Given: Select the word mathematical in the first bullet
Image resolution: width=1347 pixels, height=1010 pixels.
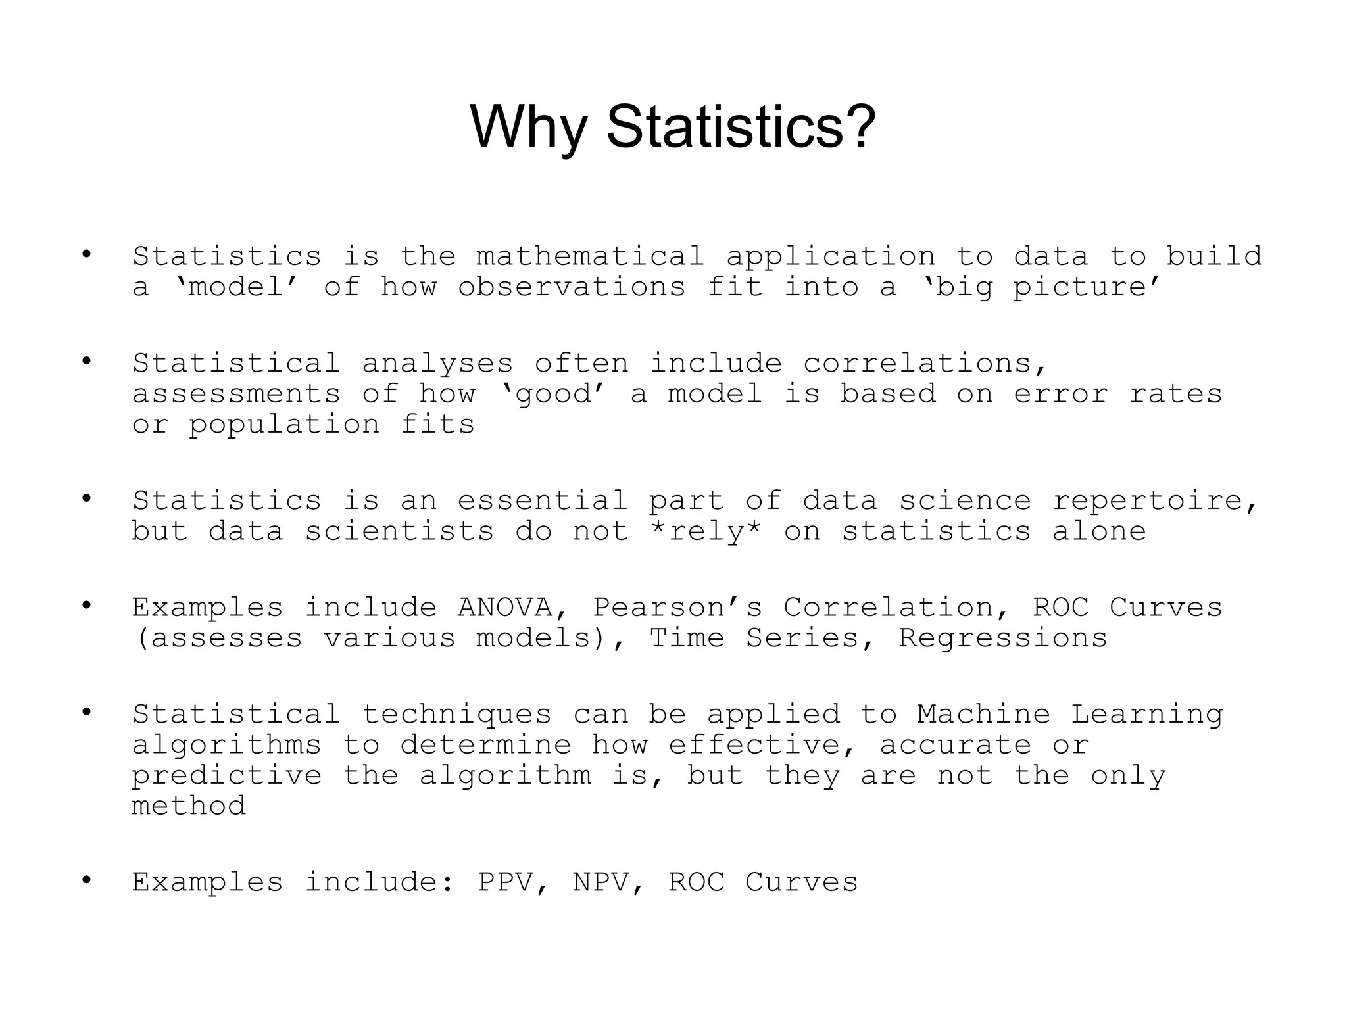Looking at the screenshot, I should pyautogui.click(x=590, y=256).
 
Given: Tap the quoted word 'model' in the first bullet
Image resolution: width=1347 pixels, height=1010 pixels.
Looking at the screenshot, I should pyautogui.click(x=236, y=287).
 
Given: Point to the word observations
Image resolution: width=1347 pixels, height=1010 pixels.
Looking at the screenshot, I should pyautogui.click(x=572, y=287).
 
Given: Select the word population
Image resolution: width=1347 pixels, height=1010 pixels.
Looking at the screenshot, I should pyautogui.click(x=284, y=425).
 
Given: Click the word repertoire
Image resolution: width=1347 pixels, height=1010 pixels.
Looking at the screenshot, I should pyautogui.click(x=1155, y=501).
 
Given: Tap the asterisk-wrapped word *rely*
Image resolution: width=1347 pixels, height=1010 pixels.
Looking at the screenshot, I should pyautogui.click(x=705, y=531).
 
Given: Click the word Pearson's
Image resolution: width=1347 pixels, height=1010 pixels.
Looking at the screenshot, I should pyautogui.click(x=677, y=608).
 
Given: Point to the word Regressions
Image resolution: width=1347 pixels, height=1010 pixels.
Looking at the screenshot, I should pyautogui.click(x=1002, y=638).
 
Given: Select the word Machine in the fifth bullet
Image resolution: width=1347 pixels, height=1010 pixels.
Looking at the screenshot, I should pyautogui.click(x=983, y=714).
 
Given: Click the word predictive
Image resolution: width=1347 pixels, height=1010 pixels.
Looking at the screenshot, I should pyautogui.click(x=226, y=776).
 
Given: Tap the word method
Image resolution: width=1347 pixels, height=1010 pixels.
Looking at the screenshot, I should pyautogui.click(x=188, y=806).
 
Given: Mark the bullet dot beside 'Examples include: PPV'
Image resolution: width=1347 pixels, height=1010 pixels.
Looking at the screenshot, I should pyautogui.click(x=86, y=880).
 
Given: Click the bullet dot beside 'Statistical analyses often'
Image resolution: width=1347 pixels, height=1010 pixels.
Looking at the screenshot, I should pyautogui.click(x=86, y=361).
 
